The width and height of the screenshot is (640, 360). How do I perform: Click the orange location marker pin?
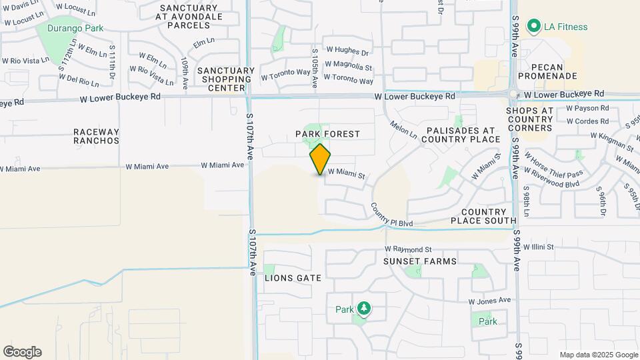tap(320, 159)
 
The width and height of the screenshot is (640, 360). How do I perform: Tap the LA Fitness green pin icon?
tap(533, 27)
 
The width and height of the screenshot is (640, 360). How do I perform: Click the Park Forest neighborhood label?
tap(327, 134)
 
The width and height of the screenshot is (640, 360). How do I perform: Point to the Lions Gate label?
tap(293, 278)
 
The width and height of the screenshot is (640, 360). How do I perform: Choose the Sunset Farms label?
tap(420, 261)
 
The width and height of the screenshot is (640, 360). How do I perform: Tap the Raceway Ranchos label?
tap(97, 136)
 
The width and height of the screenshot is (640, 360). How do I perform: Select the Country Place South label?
tap(483, 216)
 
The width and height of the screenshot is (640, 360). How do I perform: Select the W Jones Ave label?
tap(490, 301)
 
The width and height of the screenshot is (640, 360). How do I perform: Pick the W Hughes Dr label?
tap(347, 52)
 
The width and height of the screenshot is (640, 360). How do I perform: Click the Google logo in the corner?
tap(22, 352)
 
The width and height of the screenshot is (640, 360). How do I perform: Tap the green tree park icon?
tap(363, 309)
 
